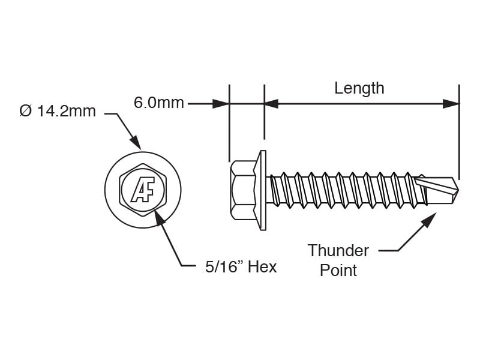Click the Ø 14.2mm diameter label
57,111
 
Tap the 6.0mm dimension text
159,103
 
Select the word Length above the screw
359,89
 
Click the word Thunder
338,251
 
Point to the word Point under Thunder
338,271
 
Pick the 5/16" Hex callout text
241,267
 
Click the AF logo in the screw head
143,190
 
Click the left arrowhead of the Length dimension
272,104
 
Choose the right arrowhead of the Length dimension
451,104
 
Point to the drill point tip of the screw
458,190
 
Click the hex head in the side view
243,190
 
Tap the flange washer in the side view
262,190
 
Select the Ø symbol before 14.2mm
25,111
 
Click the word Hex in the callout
262,267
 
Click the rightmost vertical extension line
459,132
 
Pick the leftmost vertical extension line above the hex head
229,123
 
